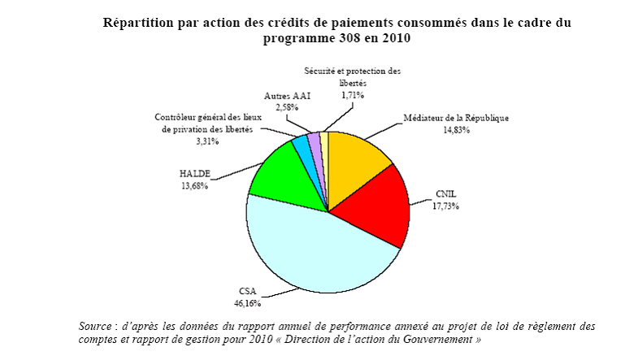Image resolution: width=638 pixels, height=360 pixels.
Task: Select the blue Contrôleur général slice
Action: [302, 146]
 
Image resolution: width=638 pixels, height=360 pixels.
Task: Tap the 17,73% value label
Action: [445, 206]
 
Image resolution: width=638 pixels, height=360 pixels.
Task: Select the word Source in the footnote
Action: [96, 326]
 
